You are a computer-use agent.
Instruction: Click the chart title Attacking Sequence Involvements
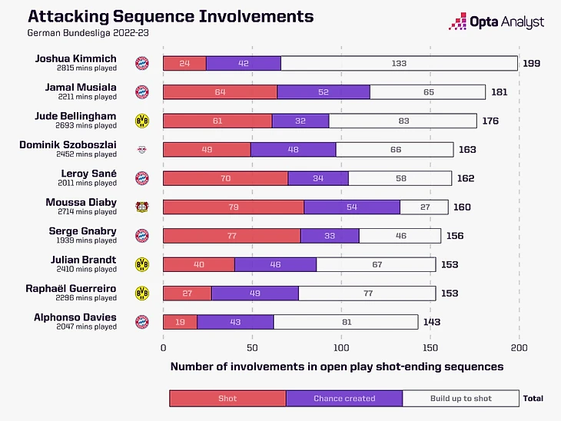click(x=170, y=16)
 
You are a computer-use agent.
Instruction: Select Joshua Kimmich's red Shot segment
click(x=184, y=64)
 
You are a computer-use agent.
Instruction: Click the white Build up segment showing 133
click(x=399, y=64)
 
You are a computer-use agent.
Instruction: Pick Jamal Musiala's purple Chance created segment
click(x=324, y=92)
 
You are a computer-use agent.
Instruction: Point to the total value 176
click(x=491, y=121)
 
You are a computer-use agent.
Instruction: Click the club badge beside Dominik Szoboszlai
click(x=142, y=149)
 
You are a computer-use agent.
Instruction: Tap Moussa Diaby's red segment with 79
click(x=234, y=207)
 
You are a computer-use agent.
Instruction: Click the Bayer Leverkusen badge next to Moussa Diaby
click(x=142, y=207)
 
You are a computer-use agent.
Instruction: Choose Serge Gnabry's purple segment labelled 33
click(x=330, y=236)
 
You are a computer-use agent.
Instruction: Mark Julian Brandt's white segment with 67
click(x=376, y=264)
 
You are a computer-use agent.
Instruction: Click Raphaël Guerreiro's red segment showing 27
click(x=188, y=293)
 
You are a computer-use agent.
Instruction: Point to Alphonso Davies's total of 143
click(x=432, y=322)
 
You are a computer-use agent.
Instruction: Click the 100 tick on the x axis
click(x=341, y=347)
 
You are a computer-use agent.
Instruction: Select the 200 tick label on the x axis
click(x=520, y=347)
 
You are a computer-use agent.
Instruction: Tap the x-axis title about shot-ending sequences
click(x=337, y=366)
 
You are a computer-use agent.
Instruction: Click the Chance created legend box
click(x=344, y=399)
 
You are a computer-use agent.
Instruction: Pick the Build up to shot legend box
click(x=461, y=399)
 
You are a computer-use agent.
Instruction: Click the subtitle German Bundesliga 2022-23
click(x=74, y=33)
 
